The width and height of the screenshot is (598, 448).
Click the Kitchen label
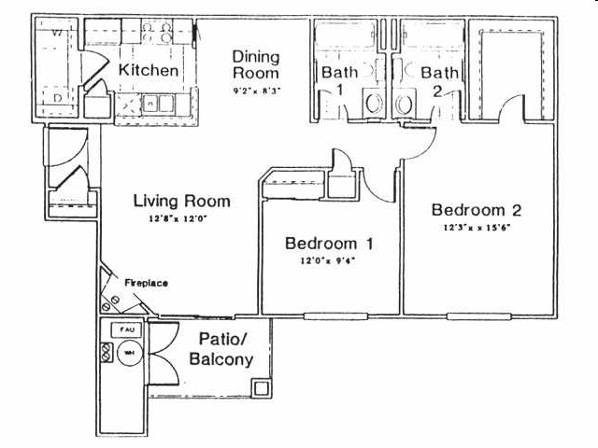(149, 70)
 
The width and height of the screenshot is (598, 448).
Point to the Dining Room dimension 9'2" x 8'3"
(256, 91)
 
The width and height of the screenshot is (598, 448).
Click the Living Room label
(181, 201)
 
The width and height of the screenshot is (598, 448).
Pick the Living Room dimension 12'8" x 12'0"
(181, 220)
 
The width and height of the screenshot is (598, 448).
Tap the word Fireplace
(146, 282)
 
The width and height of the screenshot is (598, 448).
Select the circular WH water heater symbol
(126, 353)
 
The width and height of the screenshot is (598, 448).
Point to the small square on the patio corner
(263, 387)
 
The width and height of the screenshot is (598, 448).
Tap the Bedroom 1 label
(330, 244)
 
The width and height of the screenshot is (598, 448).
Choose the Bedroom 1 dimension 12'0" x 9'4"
(330, 261)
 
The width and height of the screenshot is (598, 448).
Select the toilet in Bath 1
(373, 103)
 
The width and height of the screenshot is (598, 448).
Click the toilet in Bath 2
(405, 103)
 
